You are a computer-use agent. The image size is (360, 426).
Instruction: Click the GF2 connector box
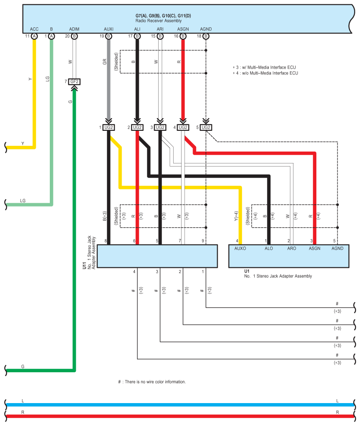(74, 82)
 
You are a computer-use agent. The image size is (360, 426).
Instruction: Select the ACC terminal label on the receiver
(34, 29)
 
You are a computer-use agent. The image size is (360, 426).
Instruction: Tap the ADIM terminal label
(74, 29)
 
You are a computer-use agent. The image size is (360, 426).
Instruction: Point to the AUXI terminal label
(108, 29)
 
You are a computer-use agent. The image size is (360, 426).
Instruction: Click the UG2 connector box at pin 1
(109, 127)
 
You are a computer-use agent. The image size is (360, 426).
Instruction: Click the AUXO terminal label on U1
(240, 248)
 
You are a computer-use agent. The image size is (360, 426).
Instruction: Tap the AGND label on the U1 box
(338, 248)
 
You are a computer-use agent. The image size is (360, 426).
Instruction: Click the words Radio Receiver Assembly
(158, 21)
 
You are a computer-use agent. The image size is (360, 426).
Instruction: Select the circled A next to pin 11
(34, 36)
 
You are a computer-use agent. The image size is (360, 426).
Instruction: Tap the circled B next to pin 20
(74, 36)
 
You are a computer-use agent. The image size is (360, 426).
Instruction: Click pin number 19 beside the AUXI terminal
(102, 36)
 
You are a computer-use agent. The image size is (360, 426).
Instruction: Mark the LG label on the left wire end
(23, 200)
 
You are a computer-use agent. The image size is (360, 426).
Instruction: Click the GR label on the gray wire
(104, 62)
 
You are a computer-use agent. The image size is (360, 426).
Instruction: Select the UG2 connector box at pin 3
(160, 127)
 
